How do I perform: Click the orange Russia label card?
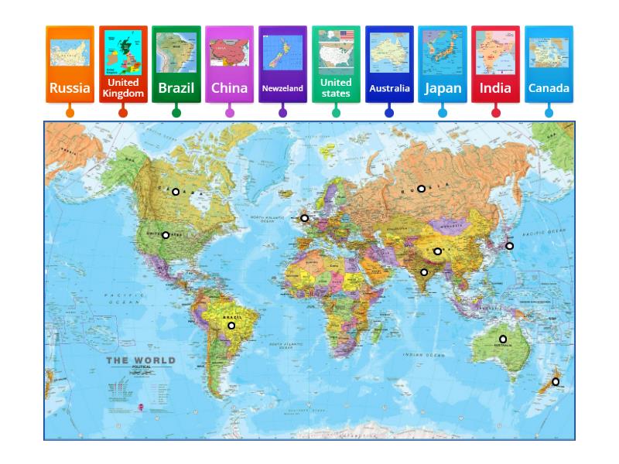70,65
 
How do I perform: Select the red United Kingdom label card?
123,65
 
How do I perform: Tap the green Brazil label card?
176,65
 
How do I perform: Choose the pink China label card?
229,65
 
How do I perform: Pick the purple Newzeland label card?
282,65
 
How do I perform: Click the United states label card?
336,65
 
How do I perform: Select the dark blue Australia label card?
389,65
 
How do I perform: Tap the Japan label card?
443,65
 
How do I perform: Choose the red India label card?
495,65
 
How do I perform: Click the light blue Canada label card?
549,65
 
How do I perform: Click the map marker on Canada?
176,192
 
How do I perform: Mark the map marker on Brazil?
231,326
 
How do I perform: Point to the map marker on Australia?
503,339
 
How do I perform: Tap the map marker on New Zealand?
556,381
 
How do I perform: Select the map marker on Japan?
509,246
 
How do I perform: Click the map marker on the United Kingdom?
305,218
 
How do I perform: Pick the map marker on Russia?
421,189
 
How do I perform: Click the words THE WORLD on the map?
141,360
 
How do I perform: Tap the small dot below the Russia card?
70,113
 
